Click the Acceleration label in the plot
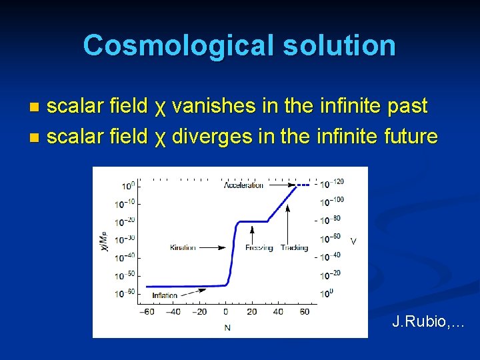click(243, 185)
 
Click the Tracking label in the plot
click(294, 247)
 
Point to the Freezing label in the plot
click(259, 247)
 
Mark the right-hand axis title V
click(353, 240)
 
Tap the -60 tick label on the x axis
click(147, 311)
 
